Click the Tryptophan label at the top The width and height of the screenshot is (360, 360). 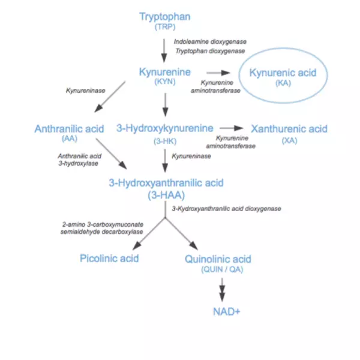click(165, 17)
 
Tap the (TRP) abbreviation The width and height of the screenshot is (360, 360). click(165, 27)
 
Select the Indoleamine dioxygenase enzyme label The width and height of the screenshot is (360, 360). click(210, 42)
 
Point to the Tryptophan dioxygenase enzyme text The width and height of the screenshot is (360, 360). click(210, 51)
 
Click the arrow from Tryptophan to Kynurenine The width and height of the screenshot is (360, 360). click(164, 50)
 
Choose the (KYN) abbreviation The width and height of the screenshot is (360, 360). click(165, 82)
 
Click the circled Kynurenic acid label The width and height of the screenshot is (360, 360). click(283, 73)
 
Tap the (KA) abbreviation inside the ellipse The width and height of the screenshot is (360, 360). click(283, 83)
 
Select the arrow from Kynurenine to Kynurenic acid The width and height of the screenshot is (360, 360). click(218, 73)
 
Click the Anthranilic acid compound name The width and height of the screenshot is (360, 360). click(70, 129)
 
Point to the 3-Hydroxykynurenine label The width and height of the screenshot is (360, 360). click(165, 128)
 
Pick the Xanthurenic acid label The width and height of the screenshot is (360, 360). click(289, 129)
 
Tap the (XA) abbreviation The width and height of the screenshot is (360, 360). click(289, 140)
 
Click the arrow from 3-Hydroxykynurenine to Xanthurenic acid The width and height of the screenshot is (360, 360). click(232, 128)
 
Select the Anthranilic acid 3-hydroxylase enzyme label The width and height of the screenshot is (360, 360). click(79, 160)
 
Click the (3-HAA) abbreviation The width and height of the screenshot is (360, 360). click(166, 195)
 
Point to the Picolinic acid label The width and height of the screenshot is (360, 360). click(109, 259)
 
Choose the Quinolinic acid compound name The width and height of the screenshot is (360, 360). click(218, 259)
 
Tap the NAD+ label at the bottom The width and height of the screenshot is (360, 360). click(227, 312)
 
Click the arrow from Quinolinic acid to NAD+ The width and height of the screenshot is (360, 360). click(222, 290)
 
